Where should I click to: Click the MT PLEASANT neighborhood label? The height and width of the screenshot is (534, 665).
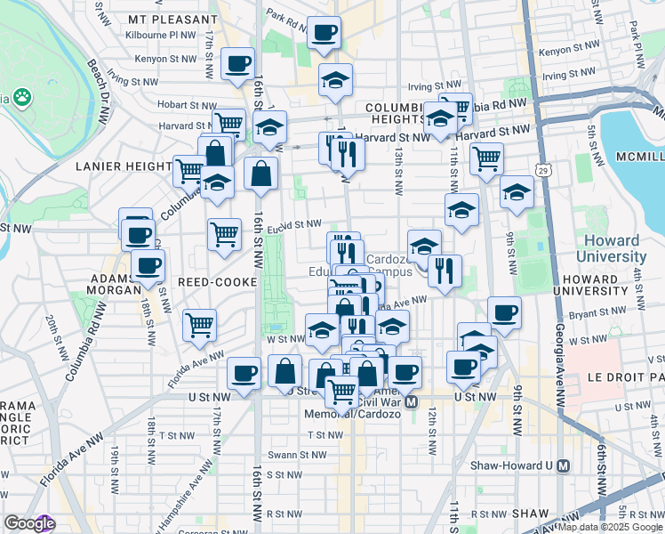coord(172,19)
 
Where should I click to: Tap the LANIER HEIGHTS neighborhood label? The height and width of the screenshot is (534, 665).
coord(124,166)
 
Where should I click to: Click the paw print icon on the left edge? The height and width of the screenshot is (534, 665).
coord(21,97)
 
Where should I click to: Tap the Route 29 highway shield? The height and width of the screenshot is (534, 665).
coord(542,169)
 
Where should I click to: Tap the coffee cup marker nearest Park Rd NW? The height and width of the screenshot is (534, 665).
coord(323,34)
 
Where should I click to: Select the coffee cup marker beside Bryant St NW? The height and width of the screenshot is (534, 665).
coord(504,313)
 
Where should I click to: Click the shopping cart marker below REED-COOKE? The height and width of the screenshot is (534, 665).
coord(200,324)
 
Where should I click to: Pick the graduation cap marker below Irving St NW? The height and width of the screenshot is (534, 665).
coord(335,81)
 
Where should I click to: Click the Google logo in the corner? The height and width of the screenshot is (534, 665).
coord(28,523)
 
